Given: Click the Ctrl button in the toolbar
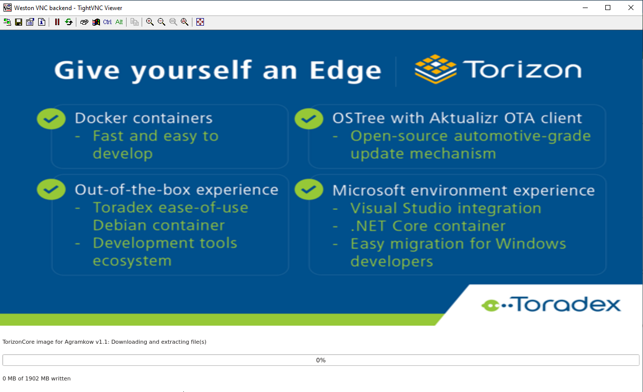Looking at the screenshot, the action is click(108, 22).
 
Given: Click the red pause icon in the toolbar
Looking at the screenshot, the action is click(57, 22).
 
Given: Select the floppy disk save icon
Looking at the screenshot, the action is click(19, 22).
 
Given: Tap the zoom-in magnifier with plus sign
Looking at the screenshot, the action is click(150, 22).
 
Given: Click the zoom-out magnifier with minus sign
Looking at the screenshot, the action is click(161, 22).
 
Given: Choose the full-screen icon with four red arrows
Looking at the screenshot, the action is click(200, 22).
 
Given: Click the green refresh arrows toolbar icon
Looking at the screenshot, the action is click(69, 22).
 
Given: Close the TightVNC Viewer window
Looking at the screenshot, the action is click(630, 8).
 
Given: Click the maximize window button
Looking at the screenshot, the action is click(608, 8).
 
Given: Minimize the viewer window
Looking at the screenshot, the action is click(585, 8).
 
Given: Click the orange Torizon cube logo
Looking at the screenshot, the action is click(436, 69).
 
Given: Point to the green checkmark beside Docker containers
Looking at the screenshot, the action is click(51, 119).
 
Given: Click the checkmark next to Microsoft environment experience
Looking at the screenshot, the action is click(309, 189).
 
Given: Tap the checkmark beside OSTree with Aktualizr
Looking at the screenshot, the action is click(309, 119).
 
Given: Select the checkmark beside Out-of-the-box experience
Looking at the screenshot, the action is click(51, 189).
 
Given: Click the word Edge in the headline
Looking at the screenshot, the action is click(345, 71).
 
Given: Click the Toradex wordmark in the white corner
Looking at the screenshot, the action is click(551, 305).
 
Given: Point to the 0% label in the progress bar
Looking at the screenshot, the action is click(320, 360).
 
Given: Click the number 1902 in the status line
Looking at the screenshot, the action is click(32, 378).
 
